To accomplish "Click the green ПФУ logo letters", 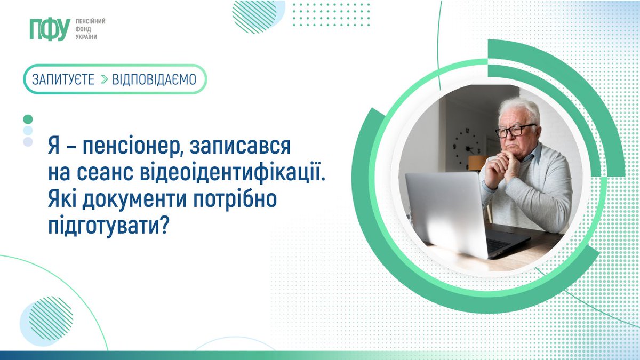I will point(50,30).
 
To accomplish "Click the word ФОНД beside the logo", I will point(85,29).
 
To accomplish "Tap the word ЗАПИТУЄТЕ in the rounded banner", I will point(63,79).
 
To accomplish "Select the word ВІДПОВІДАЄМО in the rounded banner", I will point(154,79).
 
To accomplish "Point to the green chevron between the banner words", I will point(104,79).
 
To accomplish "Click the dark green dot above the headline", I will point(28,119).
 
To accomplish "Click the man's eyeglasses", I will point(515,130).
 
